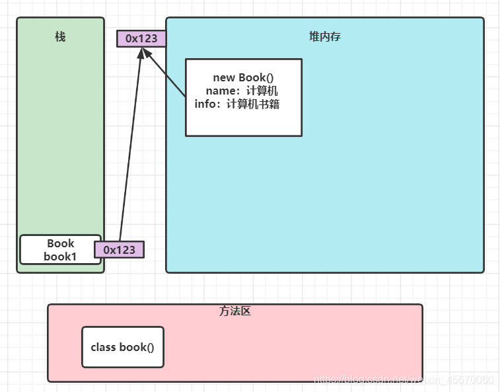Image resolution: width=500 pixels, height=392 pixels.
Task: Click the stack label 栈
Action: (60, 37)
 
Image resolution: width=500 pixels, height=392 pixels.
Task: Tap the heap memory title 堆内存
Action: (325, 37)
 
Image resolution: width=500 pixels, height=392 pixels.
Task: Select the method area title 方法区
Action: (235, 311)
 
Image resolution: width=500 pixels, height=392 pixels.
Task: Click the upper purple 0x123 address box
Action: (141, 38)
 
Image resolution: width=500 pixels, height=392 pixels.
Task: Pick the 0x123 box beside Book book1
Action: (119, 250)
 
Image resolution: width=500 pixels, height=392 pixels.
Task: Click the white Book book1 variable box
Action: (60, 250)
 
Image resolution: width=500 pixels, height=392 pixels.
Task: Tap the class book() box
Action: (122, 347)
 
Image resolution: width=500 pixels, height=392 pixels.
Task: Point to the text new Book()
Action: (243, 77)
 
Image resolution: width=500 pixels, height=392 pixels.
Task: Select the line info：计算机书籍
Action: (237, 104)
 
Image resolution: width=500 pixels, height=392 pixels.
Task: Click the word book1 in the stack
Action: (60, 256)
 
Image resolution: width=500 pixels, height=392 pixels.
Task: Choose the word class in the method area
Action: (103, 347)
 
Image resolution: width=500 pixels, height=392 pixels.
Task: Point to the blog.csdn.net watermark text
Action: (404, 379)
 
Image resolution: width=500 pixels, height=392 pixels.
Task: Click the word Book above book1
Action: (60, 243)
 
